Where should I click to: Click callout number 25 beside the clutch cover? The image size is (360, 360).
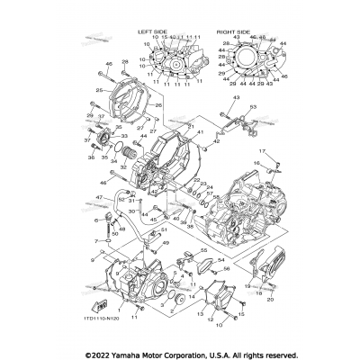tap(99, 92)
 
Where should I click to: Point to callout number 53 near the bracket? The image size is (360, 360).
tap(254, 106)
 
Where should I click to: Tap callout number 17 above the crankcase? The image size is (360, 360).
tap(264, 151)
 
